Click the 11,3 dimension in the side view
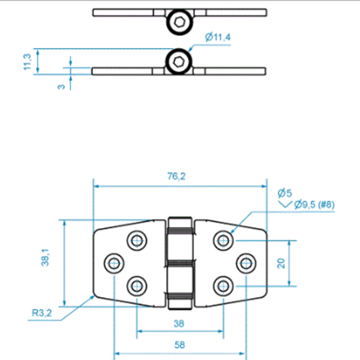(x=27, y=62)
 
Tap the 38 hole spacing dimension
(x=179, y=323)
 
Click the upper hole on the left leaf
(x=137, y=240)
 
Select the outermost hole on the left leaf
(x=113, y=262)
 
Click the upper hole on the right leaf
(x=223, y=240)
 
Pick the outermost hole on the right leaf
(x=245, y=262)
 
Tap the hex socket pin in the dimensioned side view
(x=179, y=62)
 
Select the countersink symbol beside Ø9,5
(x=285, y=205)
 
